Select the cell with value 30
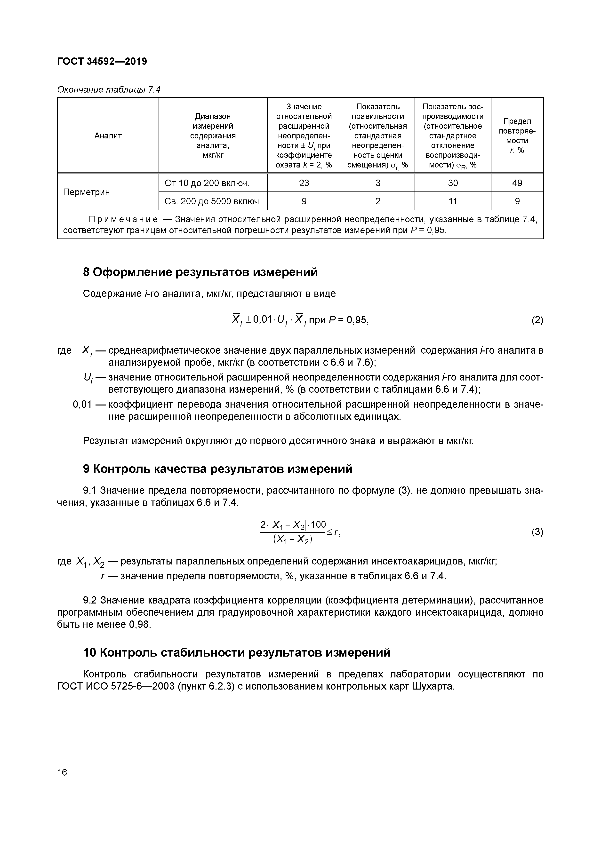453,183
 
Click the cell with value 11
453,201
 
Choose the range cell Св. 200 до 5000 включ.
213,201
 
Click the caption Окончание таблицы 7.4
109,90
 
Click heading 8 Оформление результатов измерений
200,272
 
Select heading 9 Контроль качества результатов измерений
217,469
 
